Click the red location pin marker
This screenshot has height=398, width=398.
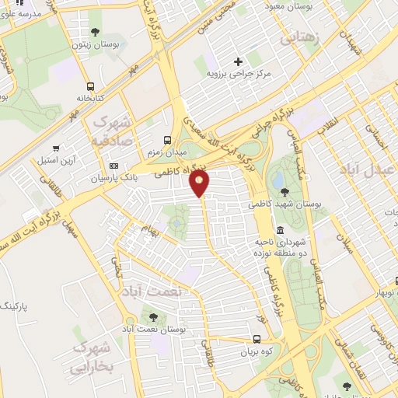pyautogui.click(x=200, y=183)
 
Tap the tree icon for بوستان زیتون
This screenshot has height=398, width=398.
pyautogui.click(x=95, y=32)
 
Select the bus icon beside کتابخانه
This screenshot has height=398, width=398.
pyautogui.click(x=91, y=86)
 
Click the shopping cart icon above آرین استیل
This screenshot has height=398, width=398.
pyautogui.click(x=55, y=148)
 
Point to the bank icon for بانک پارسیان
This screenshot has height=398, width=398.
pyautogui.click(x=113, y=166)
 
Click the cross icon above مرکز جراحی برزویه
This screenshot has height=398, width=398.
pyautogui.click(x=238, y=61)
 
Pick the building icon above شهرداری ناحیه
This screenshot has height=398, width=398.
pyautogui.click(x=279, y=230)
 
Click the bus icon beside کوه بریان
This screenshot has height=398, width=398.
pyautogui.click(x=257, y=339)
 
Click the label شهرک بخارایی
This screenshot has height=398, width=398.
pyautogui.click(x=93, y=358)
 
